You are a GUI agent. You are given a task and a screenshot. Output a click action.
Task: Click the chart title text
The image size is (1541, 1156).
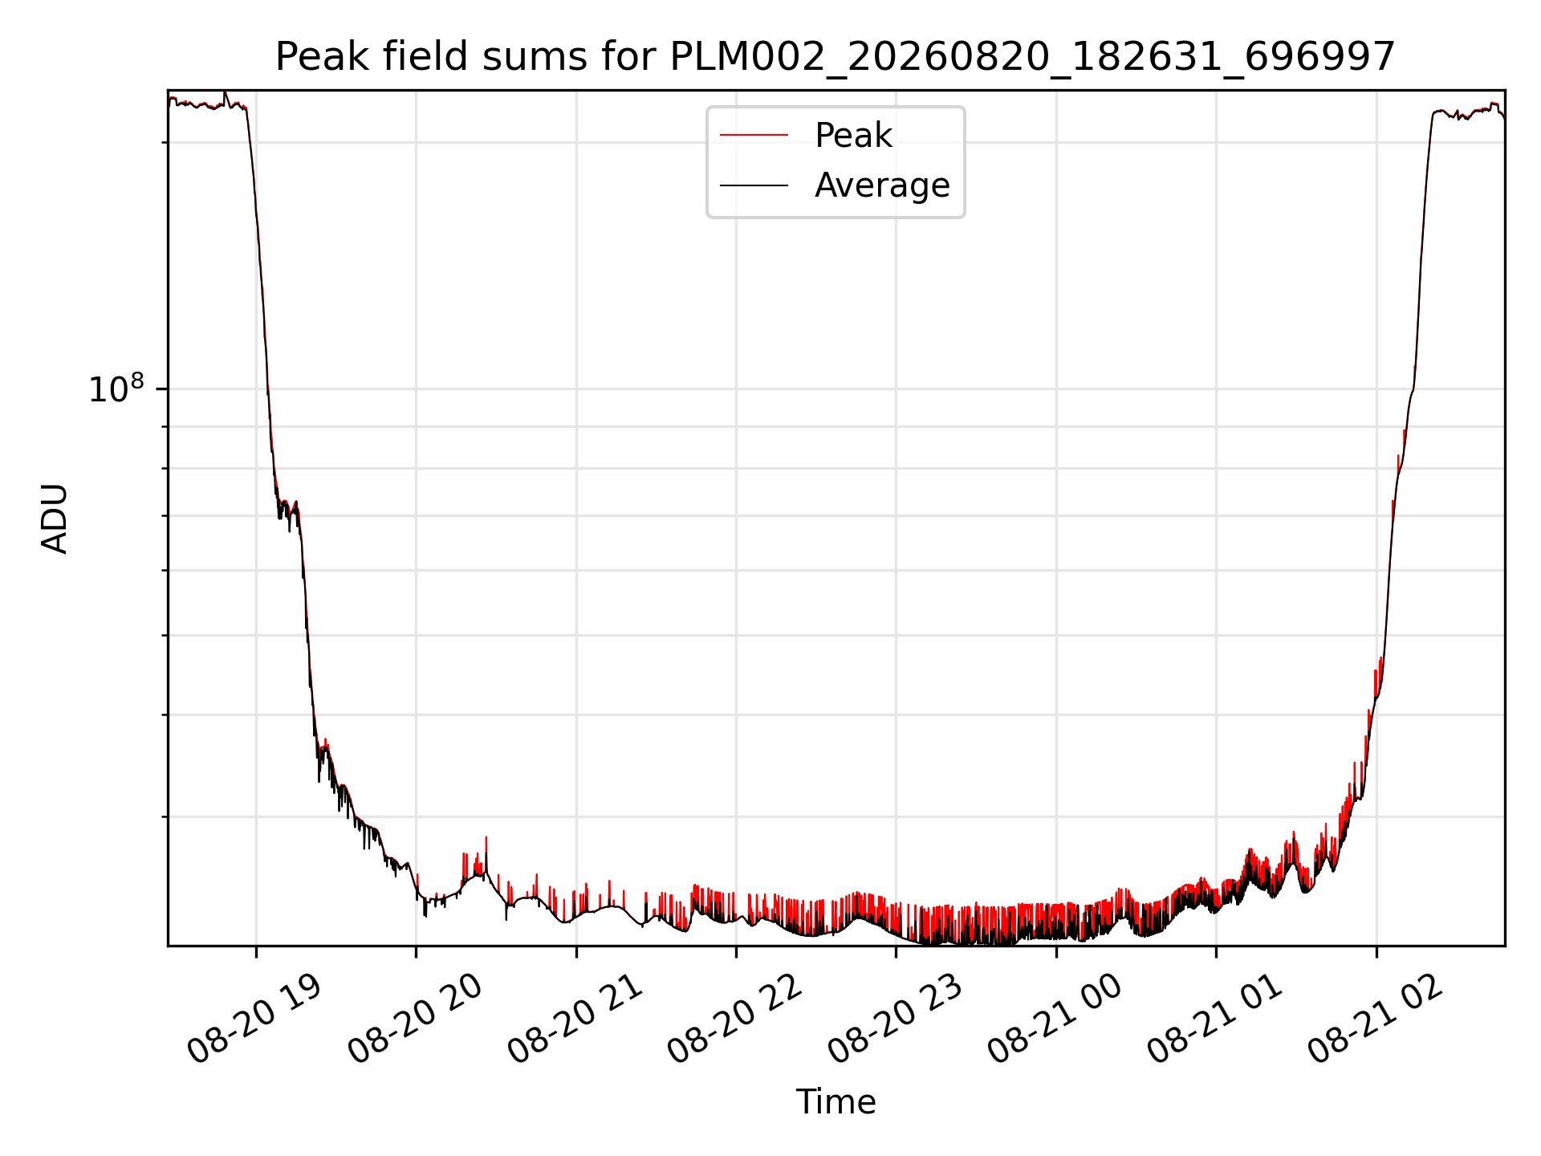tap(836, 57)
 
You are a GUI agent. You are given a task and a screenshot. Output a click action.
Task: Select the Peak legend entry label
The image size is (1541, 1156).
tap(853, 136)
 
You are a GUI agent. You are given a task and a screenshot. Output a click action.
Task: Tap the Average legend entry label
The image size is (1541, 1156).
tap(882, 185)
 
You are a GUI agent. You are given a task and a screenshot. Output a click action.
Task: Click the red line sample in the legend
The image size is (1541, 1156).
tap(754, 136)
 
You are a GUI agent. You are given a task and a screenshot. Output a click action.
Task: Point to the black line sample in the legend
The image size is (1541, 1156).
tap(754, 185)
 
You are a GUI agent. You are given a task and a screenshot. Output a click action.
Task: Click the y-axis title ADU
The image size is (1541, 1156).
tap(55, 519)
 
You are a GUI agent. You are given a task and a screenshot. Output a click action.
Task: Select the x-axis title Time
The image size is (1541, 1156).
tap(836, 1102)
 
